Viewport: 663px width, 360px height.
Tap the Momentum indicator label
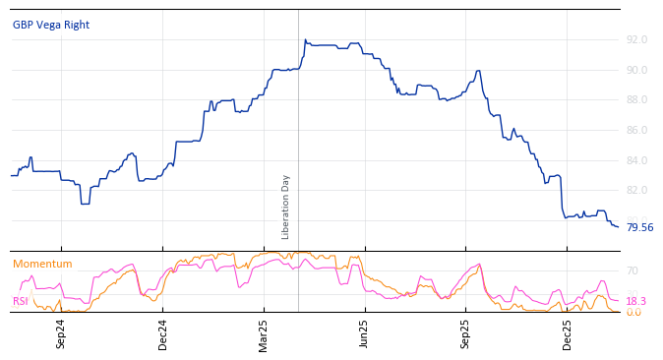42,264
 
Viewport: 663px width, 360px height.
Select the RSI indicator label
21,301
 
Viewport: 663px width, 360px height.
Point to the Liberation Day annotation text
286,207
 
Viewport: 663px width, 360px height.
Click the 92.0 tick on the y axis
636,39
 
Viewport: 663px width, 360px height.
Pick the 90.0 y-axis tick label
636,70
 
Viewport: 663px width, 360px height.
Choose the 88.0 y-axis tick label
636,99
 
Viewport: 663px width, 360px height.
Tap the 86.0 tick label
636,130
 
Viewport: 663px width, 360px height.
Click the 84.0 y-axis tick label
636,160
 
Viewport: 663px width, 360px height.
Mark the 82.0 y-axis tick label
636,190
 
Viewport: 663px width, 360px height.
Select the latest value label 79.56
639,227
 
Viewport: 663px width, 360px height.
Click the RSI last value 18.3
635,301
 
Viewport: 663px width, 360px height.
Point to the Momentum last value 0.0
633,312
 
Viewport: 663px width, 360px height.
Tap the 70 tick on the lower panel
633,270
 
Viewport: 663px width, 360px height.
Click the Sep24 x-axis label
61,333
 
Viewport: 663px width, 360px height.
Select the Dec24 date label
163,333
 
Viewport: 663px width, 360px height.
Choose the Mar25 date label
264,333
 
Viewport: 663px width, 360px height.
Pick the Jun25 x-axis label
365,333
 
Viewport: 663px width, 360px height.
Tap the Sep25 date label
466,333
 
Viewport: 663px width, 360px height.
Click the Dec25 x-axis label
568,333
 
